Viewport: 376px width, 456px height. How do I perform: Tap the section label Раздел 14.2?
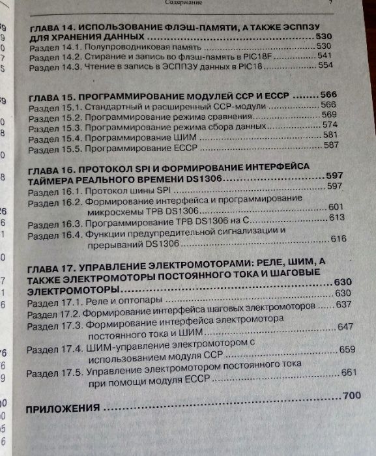click(56, 58)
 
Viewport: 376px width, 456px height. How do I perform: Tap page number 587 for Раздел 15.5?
click(332, 145)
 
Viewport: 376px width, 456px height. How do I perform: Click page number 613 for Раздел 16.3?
click(336, 218)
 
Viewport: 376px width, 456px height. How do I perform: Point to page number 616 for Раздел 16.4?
click(338, 239)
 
